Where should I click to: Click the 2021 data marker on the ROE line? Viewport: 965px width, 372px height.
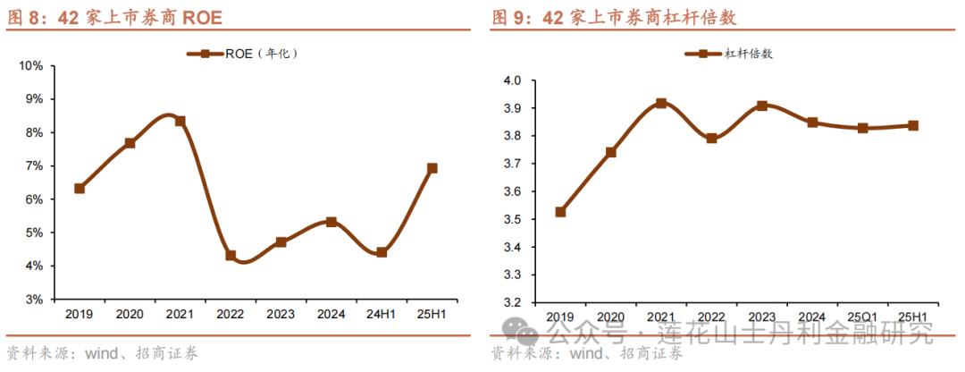[x=180, y=121]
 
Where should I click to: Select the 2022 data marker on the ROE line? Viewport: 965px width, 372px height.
[x=231, y=256]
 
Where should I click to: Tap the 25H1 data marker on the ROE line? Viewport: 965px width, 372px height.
[x=432, y=168]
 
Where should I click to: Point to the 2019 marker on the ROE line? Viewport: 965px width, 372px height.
[x=80, y=189]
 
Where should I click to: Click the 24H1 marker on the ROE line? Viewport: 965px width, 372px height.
[x=382, y=252]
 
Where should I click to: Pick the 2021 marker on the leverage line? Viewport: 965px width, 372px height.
[x=661, y=104]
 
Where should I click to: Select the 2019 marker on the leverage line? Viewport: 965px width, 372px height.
[x=560, y=212]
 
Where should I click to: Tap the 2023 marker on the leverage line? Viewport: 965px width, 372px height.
[x=762, y=106]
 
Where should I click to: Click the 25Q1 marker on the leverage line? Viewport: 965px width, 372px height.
[x=863, y=128]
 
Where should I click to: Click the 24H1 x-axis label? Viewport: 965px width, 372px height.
[x=382, y=315]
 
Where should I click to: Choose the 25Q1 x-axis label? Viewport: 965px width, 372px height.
[x=863, y=317]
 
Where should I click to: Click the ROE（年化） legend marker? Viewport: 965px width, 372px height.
[x=205, y=54]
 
